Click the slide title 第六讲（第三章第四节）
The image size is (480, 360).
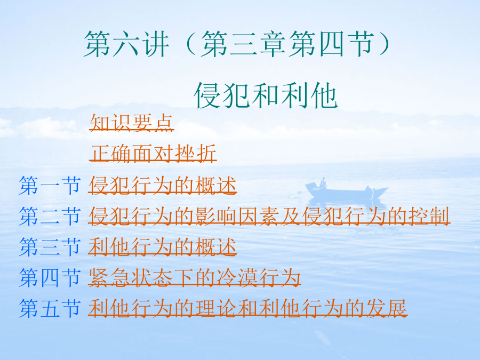tap(237, 44)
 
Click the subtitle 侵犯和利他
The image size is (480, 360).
tap(266, 95)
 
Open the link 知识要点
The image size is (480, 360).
tap(132, 123)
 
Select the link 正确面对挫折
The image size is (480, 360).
tap(153, 153)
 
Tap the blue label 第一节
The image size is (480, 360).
tap(50, 186)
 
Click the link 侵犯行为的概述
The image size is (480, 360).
tap(163, 186)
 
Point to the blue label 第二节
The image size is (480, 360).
tap(50, 217)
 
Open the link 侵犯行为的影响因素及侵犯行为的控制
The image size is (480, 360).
tap(269, 216)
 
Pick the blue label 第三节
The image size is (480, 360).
tap(50, 247)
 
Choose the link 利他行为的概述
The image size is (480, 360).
tap(163, 247)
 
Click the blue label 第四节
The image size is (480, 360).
tap(50, 278)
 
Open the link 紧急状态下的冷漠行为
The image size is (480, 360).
tap(194, 277)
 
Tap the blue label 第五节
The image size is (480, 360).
tap(50, 308)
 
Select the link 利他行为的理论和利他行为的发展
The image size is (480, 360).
tap(247, 308)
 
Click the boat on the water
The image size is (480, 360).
tap(347, 190)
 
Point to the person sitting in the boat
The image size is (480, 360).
tap(323, 182)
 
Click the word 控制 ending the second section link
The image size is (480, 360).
tap(429, 216)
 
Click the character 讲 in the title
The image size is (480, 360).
tap(156, 44)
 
